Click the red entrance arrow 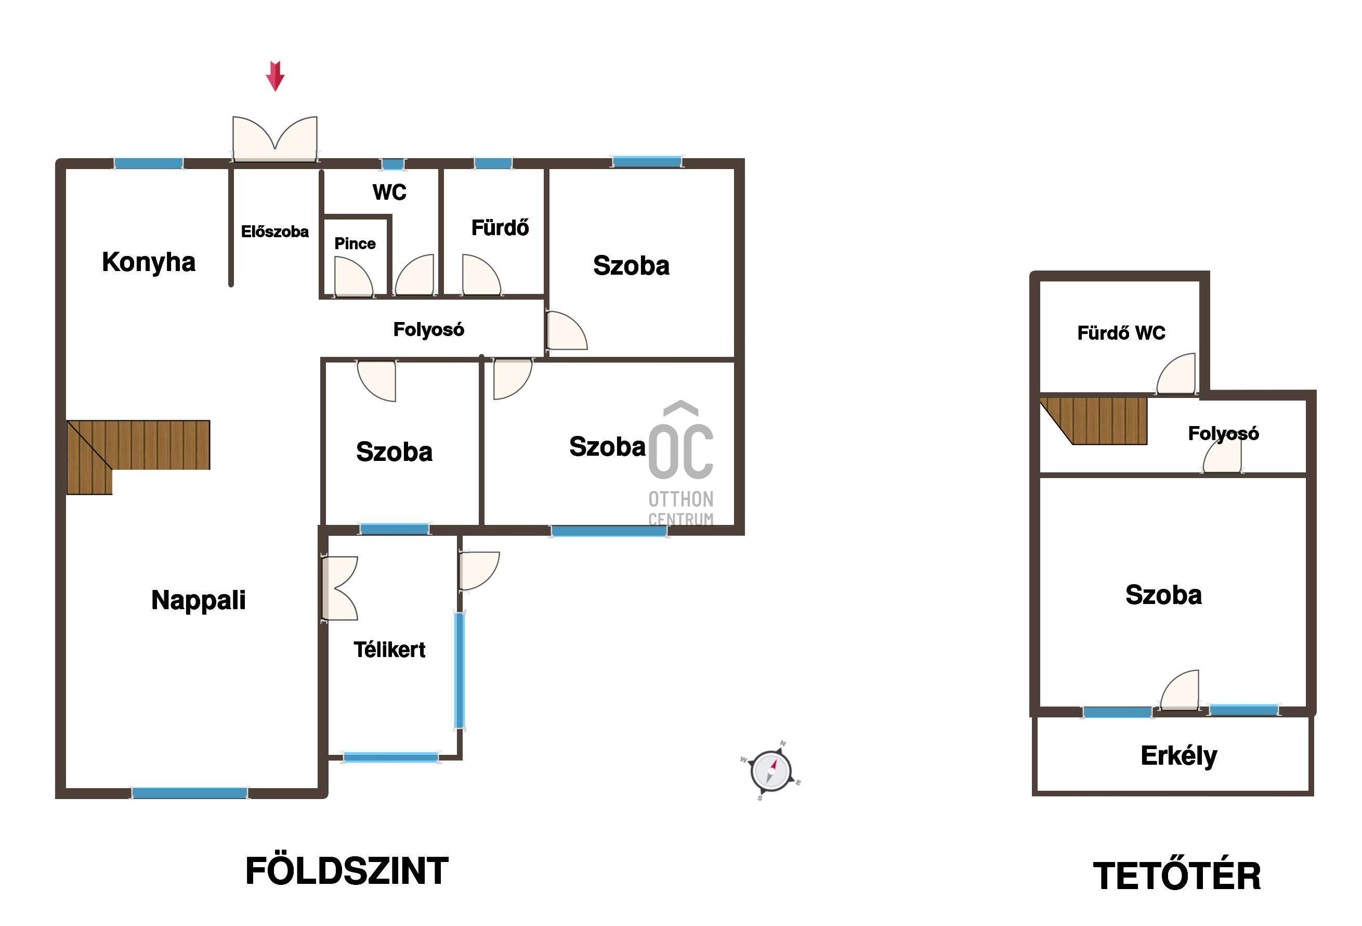point(275,76)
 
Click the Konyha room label point(148,262)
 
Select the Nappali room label point(198,600)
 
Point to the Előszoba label point(275,231)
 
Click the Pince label point(355,243)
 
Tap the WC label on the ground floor point(389,192)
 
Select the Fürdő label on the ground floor point(500,227)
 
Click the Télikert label point(389,650)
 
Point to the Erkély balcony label point(1178,756)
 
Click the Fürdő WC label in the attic point(1121,333)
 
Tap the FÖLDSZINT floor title point(346,871)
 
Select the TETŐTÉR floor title point(1177,876)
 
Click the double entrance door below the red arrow point(275,138)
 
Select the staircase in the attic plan point(1094,421)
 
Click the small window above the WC point(392,164)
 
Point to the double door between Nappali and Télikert point(339,588)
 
